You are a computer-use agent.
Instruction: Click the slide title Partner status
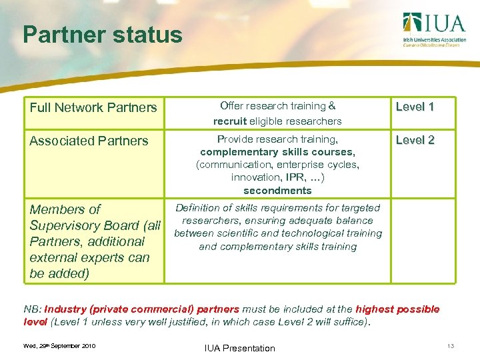(102, 35)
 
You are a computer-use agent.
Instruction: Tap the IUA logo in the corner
(433, 29)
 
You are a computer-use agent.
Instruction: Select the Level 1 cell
(415, 107)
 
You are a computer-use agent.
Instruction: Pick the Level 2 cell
(415, 140)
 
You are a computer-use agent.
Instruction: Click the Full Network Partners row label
(93, 107)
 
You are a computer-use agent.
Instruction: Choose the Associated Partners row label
(89, 141)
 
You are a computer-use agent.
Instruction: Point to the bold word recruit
(230, 121)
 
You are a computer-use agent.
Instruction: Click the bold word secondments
(277, 190)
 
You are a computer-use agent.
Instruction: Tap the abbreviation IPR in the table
(293, 177)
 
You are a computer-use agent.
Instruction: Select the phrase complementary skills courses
(277, 152)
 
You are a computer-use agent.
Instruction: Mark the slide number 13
(451, 346)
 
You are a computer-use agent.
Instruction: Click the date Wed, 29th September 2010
(59, 346)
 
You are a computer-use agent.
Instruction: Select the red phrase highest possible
(397, 309)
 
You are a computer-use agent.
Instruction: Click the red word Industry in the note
(65, 309)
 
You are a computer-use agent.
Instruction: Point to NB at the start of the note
(31, 309)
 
